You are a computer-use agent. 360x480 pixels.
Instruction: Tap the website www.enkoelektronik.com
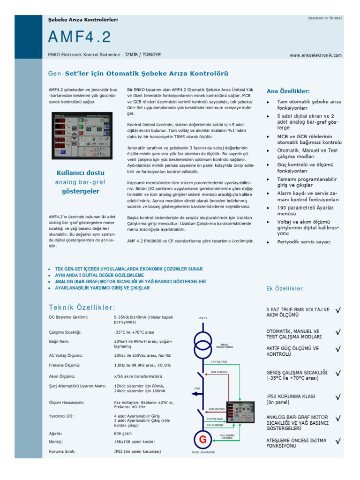click(x=315, y=55)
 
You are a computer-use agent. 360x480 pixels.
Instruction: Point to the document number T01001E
click(x=325, y=18)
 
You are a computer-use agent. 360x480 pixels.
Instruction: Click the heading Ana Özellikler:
click(x=288, y=91)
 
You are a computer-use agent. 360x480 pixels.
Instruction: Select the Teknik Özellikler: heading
click(x=82, y=307)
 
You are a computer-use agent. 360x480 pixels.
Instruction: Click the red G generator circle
click(x=202, y=440)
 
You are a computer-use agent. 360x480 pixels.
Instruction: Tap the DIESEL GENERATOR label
click(x=203, y=452)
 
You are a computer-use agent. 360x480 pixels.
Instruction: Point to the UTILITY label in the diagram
click(x=202, y=318)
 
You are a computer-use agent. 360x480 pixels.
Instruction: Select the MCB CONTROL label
click(x=219, y=372)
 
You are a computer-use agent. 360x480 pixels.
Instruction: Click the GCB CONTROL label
click(x=217, y=409)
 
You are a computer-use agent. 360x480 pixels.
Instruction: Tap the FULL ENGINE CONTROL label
click(x=227, y=436)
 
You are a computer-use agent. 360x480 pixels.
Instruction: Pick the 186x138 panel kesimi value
click(x=135, y=442)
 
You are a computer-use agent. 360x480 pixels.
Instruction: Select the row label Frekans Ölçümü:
click(x=65, y=365)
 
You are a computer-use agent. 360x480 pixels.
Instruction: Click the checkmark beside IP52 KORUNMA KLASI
click(x=338, y=397)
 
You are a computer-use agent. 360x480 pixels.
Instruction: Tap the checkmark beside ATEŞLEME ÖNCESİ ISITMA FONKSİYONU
click(x=338, y=441)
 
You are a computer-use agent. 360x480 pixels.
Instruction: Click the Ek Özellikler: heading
click(x=285, y=288)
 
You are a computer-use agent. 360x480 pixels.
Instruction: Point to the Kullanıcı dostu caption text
click(x=81, y=172)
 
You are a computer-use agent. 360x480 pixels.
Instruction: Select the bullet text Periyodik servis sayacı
click(x=303, y=242)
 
